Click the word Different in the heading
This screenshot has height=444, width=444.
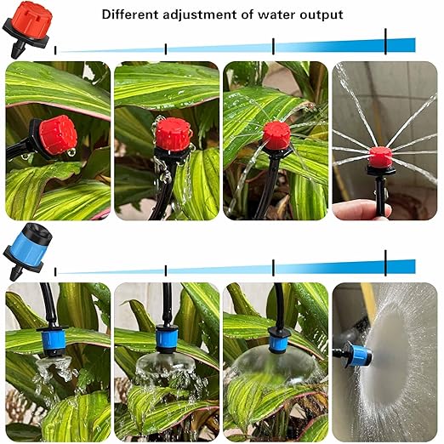(130, 14)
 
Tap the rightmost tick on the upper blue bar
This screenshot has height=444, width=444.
(385, 42)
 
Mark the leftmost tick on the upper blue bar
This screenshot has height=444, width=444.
(56, 51)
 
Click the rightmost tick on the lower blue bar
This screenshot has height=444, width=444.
(385, 264)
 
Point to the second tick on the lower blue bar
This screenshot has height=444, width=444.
(166, 270)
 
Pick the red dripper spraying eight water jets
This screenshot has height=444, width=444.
(379, 156)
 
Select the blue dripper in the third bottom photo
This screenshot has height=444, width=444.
(277, 341)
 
